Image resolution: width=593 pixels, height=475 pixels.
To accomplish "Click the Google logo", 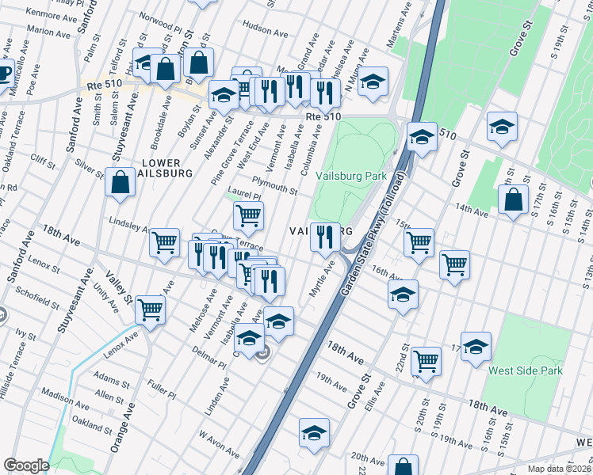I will click(25, 465).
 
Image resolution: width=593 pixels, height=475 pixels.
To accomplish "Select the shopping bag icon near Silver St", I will click(120, 182).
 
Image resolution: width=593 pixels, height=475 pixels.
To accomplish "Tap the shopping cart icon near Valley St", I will click(150, 310).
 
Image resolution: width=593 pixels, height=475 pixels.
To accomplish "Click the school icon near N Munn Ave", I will click(373, 82).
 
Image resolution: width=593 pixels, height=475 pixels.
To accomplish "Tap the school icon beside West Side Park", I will click(476, 347).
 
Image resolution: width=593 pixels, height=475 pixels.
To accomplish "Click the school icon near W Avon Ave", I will click(314, 434).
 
